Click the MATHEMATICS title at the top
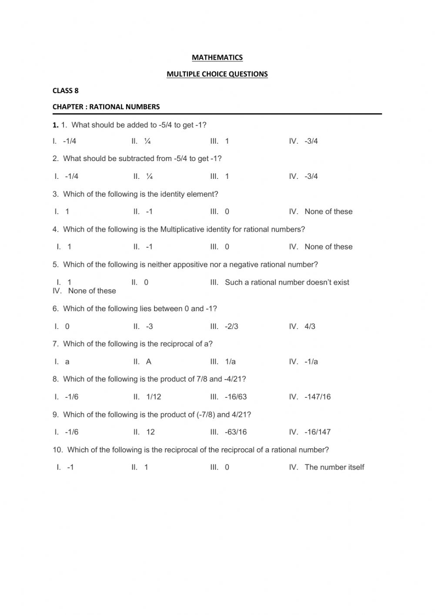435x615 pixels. tap(217, 57)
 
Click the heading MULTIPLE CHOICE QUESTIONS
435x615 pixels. tap(217, 74)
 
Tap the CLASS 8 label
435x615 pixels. tap(65, 91)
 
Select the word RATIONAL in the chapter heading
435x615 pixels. tap(107, 107)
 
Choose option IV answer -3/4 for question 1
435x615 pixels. tap(311, 141)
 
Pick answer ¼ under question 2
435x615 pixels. tap(149, 176)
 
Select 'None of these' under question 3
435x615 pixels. tap(328, 212)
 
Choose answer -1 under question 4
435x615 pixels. tap(149, 247)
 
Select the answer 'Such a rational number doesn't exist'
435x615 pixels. tap(287, 282)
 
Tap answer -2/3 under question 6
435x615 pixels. tap(231, 326)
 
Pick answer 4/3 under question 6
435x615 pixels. tap(310, 326)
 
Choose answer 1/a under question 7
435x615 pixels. tap(230, 362)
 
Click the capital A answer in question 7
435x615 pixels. tap(149, 362)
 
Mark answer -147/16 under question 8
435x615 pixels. tap(318, 397)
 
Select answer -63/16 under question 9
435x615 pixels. tap(236, 432)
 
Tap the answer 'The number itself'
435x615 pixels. tap(334, 467)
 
